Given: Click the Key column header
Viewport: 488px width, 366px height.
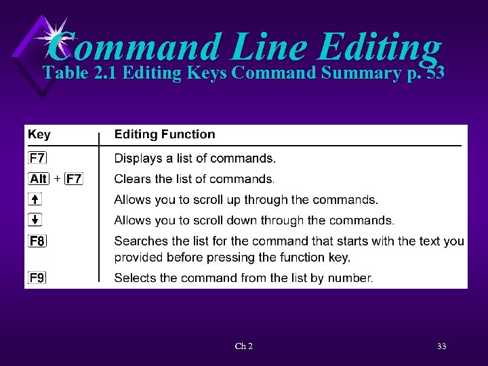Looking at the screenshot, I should (39, 134).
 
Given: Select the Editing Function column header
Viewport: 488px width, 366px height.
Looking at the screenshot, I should (164, 134).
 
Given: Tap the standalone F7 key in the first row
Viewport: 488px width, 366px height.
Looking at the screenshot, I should (37, 159).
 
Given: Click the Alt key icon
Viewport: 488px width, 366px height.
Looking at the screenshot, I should (39, 179).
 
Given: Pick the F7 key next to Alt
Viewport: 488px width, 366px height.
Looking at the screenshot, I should (74, 179).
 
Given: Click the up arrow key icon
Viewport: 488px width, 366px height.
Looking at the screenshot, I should (35, 199).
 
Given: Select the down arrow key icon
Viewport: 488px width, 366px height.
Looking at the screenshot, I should (35, 220).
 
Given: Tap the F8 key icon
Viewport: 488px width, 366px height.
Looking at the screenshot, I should (37, 241).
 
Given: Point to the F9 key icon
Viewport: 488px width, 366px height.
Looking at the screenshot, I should (37, 277).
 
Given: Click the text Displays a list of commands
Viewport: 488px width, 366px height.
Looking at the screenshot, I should (195, 159).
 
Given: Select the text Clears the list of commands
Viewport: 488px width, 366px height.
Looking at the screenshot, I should (194, 179).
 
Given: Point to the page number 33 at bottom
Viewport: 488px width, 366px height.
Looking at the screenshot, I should (441, 346).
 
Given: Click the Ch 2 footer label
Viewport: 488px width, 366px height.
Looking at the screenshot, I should (244, 346).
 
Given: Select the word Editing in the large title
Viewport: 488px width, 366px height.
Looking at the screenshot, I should (378, 47).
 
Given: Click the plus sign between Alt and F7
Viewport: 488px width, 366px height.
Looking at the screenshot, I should (57, 179).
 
